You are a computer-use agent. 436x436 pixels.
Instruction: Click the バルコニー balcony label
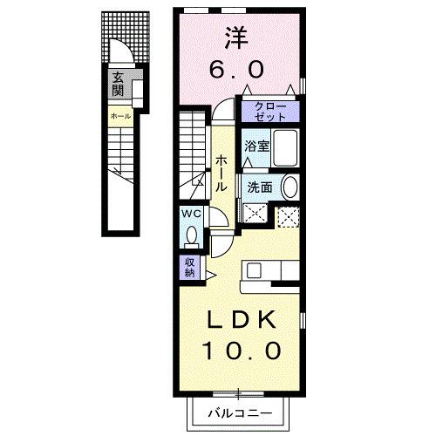[x=240, y=412]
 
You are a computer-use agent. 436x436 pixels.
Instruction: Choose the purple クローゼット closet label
[x=271, y=111]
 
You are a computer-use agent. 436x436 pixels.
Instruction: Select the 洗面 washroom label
[x=259, y=187]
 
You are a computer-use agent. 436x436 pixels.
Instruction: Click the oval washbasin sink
[x=290, y=186]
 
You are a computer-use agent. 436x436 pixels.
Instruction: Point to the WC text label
[x=192, y=212]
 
